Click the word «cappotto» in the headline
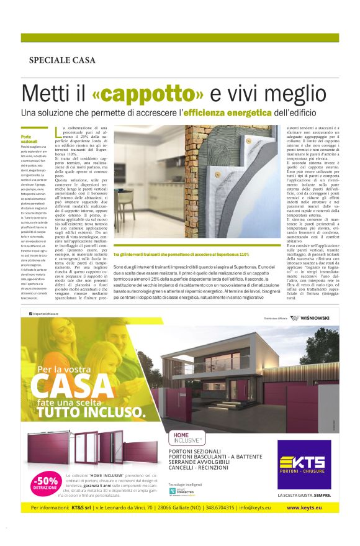click(x=148, y=94)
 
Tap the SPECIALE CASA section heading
click(x=62, y=60)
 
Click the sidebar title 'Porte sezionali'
click(x=29, y=138)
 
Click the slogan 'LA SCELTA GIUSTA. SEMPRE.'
click(x=305, y=495)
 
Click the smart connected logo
click(x=181, y=491)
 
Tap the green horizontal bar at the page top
click(x=180, y=37)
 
